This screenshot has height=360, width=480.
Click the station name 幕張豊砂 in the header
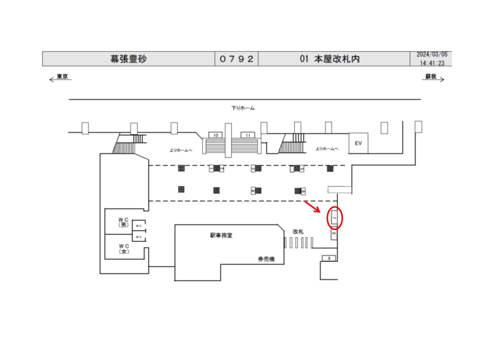(128, 59)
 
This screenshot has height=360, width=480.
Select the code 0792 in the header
(237, 59)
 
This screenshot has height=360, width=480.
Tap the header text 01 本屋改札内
(330, 59)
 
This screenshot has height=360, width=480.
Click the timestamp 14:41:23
(433, 63)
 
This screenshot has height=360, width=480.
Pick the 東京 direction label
(62, 76)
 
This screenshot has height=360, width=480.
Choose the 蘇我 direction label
(430, 76)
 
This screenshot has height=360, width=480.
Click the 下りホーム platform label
(243, 108)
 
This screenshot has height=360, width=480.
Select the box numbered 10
(215, 135)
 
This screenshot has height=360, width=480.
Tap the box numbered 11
(247, 135)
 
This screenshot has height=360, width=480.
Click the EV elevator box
(358, 143)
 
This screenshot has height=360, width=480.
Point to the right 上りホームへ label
(327, 149)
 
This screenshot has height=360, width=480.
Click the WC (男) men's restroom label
(124, 222)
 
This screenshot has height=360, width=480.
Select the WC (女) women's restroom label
(124, 248)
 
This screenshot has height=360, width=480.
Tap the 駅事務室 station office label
(220, 235)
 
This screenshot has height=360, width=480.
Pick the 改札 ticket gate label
(298, 231)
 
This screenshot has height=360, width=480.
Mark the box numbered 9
(329, 258)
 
